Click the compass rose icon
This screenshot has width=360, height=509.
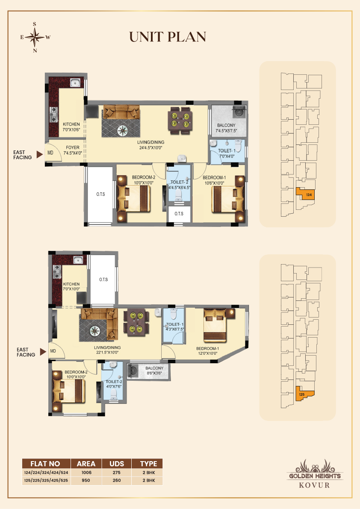pos(35,38)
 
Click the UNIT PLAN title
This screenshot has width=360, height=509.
pos(168,37)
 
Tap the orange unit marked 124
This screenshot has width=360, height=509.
pos(308,194)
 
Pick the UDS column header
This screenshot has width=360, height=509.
pos(117,464)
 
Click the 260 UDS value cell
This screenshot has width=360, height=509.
pos(117,480)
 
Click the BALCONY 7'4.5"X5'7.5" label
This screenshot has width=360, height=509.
pos(226,128)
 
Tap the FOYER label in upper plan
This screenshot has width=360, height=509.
pos(72,150)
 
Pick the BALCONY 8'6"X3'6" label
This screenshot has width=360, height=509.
pos(154,371)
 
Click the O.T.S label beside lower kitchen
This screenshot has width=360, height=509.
pos(103,280)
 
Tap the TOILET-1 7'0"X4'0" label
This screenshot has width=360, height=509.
pos(227,153)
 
